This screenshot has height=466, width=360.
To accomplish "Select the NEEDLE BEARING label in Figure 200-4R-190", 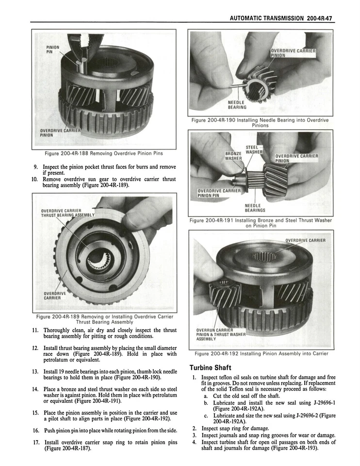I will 237,105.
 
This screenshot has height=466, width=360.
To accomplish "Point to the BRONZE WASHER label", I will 233,155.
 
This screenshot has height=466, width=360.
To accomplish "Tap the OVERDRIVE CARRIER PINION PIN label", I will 219,193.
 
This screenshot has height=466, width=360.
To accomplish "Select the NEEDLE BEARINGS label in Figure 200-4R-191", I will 254,208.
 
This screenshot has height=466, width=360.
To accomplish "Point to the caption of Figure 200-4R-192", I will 261,353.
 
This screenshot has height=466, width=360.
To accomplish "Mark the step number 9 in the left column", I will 36,167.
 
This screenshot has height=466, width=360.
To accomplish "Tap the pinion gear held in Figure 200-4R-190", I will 260,80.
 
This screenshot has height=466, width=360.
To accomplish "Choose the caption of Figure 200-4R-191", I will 261,223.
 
